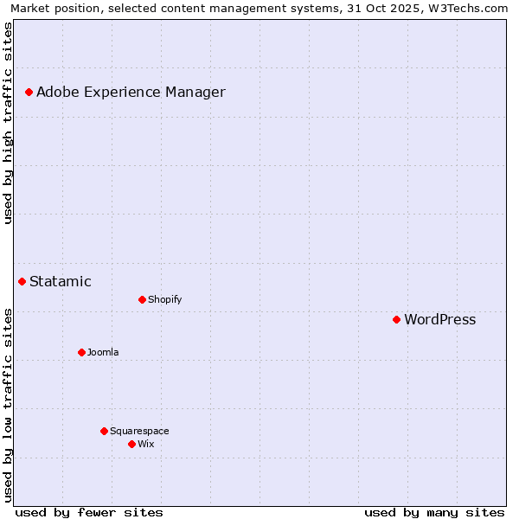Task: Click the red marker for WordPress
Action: [396, 319]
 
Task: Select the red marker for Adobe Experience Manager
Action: [29, 92]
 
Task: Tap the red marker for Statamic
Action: [22, 281]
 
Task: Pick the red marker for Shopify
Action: [142, 299]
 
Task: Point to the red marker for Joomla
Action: [81, 352]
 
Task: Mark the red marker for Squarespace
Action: [104, 431]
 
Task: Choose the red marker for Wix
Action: [131, 444]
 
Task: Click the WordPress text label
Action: [439, 319]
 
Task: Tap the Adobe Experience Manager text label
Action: [131, 92]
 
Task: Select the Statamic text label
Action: [60, 281]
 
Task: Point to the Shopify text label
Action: [164, 299]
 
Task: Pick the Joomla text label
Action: [103, 352]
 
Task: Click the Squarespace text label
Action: [139, 431]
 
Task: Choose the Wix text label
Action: [145, 444]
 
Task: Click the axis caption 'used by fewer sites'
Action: [89, 512]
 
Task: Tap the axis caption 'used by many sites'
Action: [434, 512]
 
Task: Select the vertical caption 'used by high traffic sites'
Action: [8, 123]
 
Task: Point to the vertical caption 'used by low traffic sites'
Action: [8, 405]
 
